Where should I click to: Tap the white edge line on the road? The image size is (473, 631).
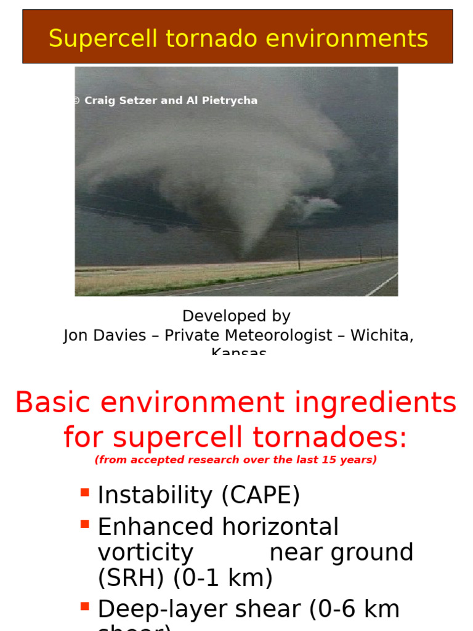tap(381, 285)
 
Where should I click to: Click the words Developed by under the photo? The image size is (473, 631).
tap(236, 316)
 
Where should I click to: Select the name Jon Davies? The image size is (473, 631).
tap(105, 335)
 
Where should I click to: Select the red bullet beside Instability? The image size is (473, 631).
tap(84, 492)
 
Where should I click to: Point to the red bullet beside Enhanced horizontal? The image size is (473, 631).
tap(84, 524)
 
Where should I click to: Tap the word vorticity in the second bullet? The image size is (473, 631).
tap(145, 553)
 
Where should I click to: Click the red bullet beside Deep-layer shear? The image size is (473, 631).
tap(84, 606)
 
